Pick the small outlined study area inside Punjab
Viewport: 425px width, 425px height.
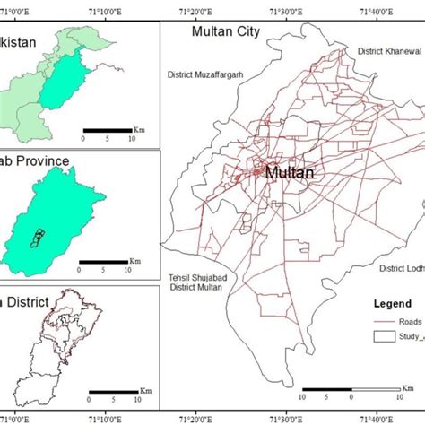(39, 238)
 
